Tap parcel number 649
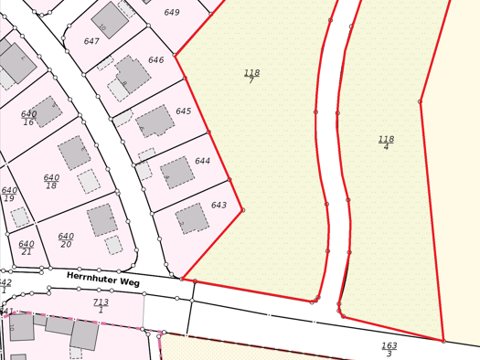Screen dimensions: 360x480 [197, 13]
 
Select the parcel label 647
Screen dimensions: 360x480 [91, 41]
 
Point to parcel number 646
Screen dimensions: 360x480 [156, 60]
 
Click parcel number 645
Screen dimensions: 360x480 [184, 111]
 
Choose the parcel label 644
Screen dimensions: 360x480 [202, 161]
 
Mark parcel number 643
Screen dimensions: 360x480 [219, 206]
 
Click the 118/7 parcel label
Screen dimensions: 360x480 [251, 76]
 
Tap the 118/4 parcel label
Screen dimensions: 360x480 [386, 143]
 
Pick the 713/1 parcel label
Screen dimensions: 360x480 [101, 305]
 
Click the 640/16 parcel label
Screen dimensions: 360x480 [28, 119]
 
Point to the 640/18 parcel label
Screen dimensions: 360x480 [51, 182]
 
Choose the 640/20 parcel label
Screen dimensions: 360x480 [66, 240]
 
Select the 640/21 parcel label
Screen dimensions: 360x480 [26, 248]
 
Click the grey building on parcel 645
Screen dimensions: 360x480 [155, 121]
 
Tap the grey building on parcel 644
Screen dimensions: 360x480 [177, 172]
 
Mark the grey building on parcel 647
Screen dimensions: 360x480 [111, 18]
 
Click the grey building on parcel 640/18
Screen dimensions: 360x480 [75, 153]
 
